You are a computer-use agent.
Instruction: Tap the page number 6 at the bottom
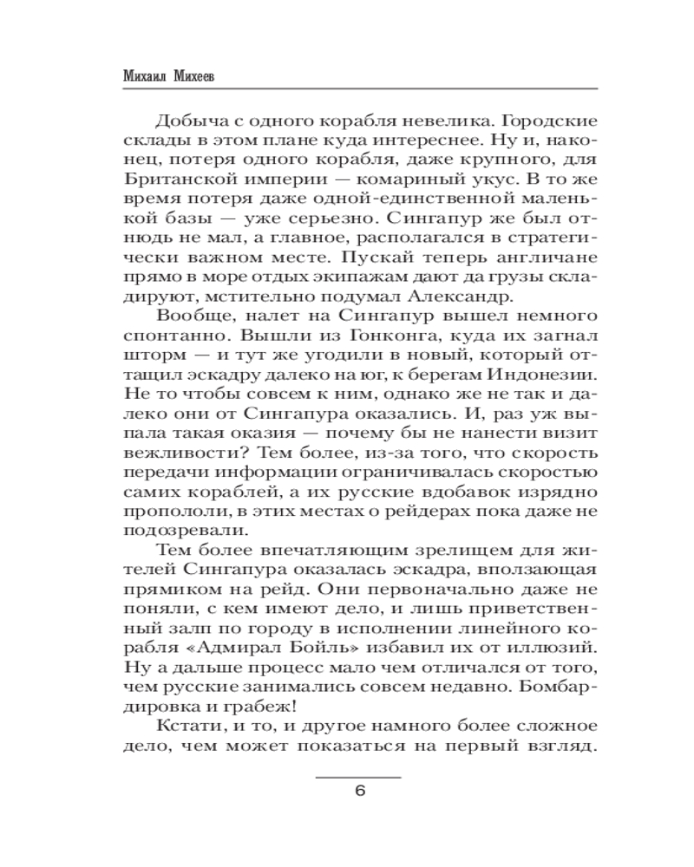pyautogui.click(x=358, y=791)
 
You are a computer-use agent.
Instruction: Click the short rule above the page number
pyautogui.click(x=358, y=777)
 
